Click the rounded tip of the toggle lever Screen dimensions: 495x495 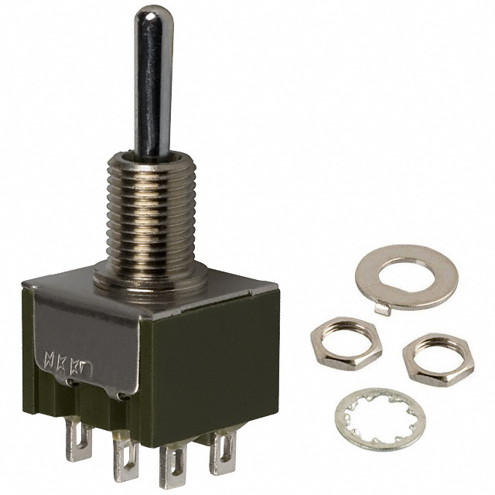[153, 15]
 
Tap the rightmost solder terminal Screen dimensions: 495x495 [223, 452]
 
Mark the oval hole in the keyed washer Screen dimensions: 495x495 [408, 272]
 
